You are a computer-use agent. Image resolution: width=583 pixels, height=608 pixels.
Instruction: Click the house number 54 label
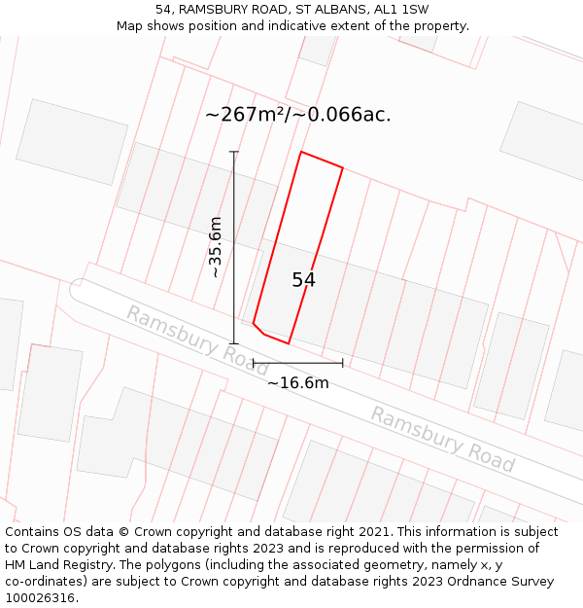(303, 280)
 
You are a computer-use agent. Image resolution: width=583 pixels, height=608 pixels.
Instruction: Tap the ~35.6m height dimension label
(215, 247)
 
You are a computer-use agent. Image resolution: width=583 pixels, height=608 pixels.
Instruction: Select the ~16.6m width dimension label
(297, 382)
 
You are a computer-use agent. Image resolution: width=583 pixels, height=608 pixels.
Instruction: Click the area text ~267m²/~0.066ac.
(297, 115)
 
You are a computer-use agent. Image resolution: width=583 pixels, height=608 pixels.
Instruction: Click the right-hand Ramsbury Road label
(442, 439)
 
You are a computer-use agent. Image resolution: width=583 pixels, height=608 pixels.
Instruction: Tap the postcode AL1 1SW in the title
(403, 10)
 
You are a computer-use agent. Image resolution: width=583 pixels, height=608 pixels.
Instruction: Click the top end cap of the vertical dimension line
(233, 152)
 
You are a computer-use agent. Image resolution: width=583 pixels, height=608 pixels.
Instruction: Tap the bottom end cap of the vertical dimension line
(233, 342)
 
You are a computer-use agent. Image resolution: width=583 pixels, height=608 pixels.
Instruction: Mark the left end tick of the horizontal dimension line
(254, 364)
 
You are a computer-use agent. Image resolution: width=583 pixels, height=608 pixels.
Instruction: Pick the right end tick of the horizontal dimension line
(343, 364)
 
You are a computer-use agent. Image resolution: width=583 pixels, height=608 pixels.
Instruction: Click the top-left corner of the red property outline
(301, 152)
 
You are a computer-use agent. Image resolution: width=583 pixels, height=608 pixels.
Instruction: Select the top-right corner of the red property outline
(343, 168)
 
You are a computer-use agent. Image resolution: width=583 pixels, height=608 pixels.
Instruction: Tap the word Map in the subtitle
(130, 26)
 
